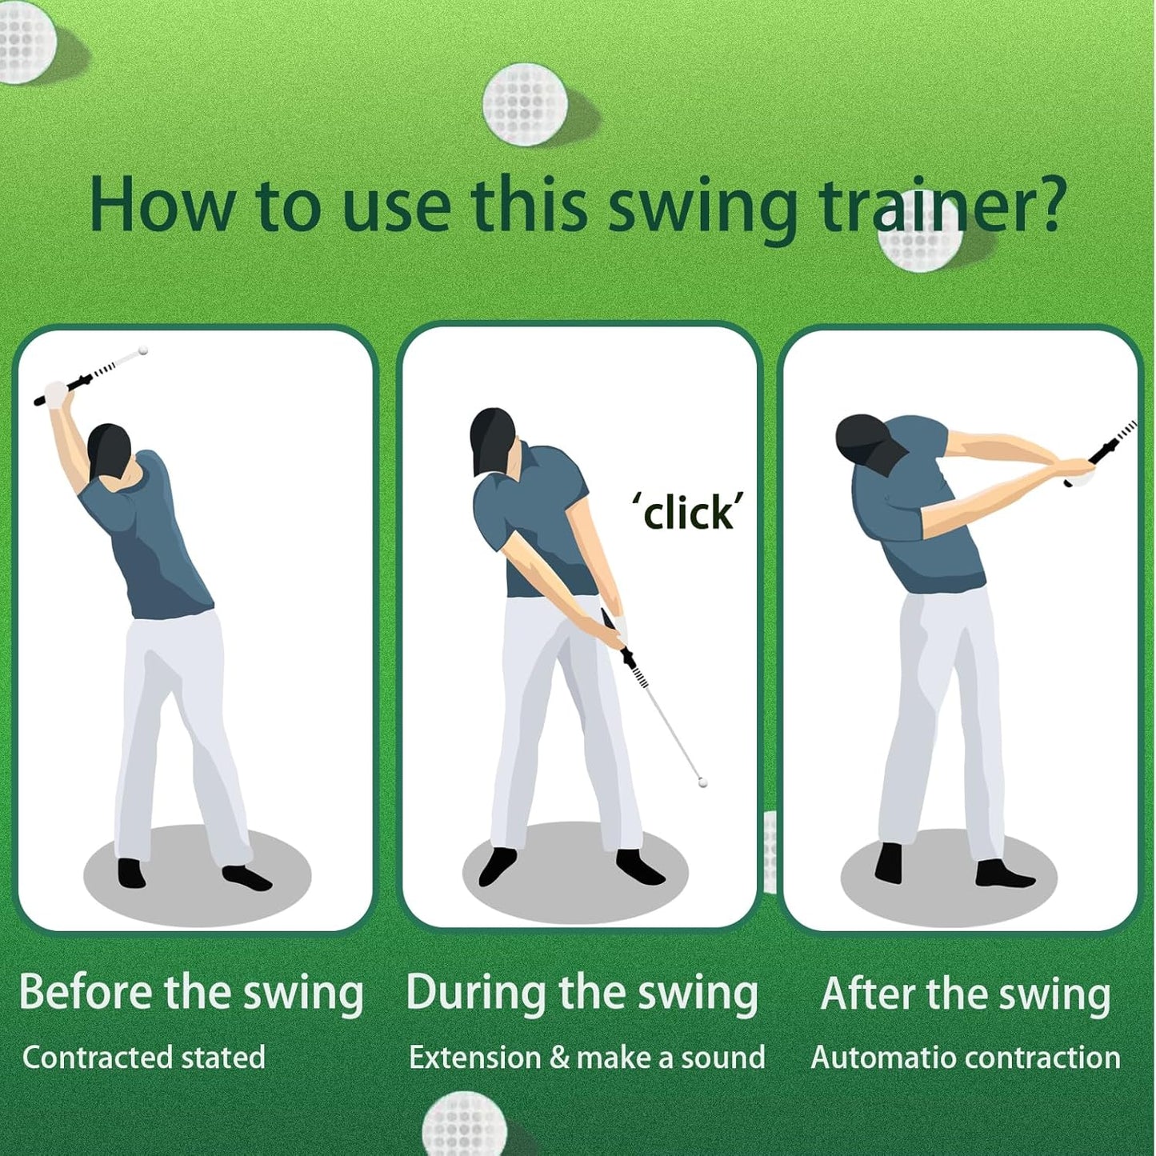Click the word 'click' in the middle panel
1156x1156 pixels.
[x=689, y=513]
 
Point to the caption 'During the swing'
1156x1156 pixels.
[x=582, y=993]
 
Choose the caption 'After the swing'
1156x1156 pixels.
[x=966, y=994]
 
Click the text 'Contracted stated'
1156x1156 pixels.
[x=144, y=1058]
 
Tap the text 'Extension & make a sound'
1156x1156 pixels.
[x=586, y=1058]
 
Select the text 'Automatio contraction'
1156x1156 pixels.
[x=966, y=1058]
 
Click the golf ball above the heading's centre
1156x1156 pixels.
[x=525, y=105]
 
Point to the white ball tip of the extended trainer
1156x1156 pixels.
[x=703, y=783]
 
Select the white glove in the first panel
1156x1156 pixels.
[x=56, y=392]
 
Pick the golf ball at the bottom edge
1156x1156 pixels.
[x=464, y=1126]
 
